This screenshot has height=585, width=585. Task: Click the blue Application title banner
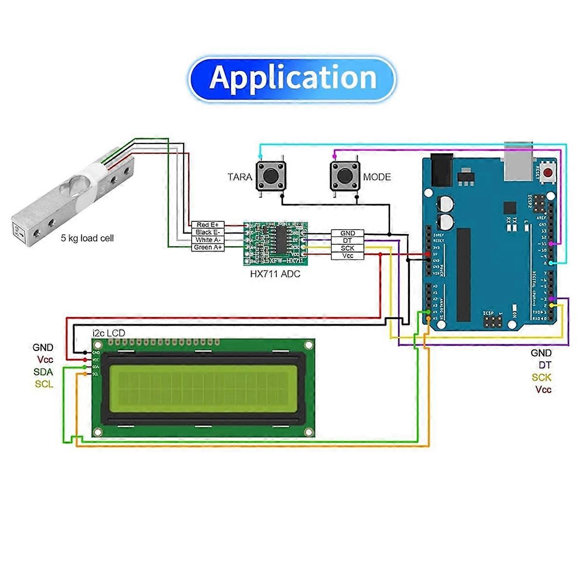(x=292, y=78)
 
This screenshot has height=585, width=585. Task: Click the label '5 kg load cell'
(x=87, y=238)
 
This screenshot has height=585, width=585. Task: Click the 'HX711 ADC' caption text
(x=275, y=274)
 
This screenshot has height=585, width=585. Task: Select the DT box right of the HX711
(x=348, y=241)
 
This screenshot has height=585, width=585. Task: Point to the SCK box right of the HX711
(x=348, y=248)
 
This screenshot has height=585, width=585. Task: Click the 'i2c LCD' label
(x=109, y=333)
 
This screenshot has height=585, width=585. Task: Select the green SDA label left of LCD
(x=43, y=372)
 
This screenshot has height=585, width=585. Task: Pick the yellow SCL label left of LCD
(x=44, y=384)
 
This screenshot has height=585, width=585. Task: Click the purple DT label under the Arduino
(x=545, y=365)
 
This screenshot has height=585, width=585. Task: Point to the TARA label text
(x=240, y=177)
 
